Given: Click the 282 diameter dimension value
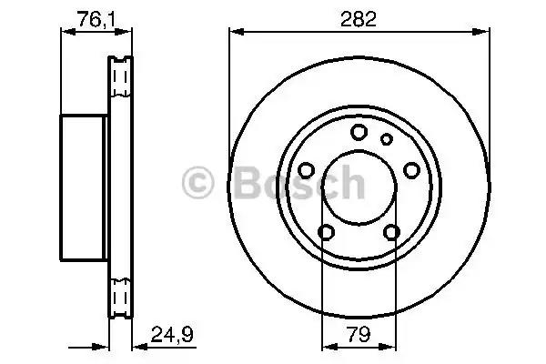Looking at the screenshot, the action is click(x=359, y=19).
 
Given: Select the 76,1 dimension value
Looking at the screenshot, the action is click(x=96, y=19).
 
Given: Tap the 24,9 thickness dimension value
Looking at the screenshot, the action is click(x=172, y=334).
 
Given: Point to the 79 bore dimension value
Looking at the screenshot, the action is click(x=359, y=334).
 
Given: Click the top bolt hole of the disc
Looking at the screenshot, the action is click(x=359, y=132).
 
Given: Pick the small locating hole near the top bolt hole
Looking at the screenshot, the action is click(x=386, y=139).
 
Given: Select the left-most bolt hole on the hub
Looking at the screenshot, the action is click(x=307, y=170).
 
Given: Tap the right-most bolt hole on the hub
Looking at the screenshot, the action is click(x=411, y=170).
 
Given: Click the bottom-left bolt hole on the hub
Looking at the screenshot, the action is click(x=327, y=232).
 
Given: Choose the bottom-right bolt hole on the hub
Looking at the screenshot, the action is click(x=391, y=232).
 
